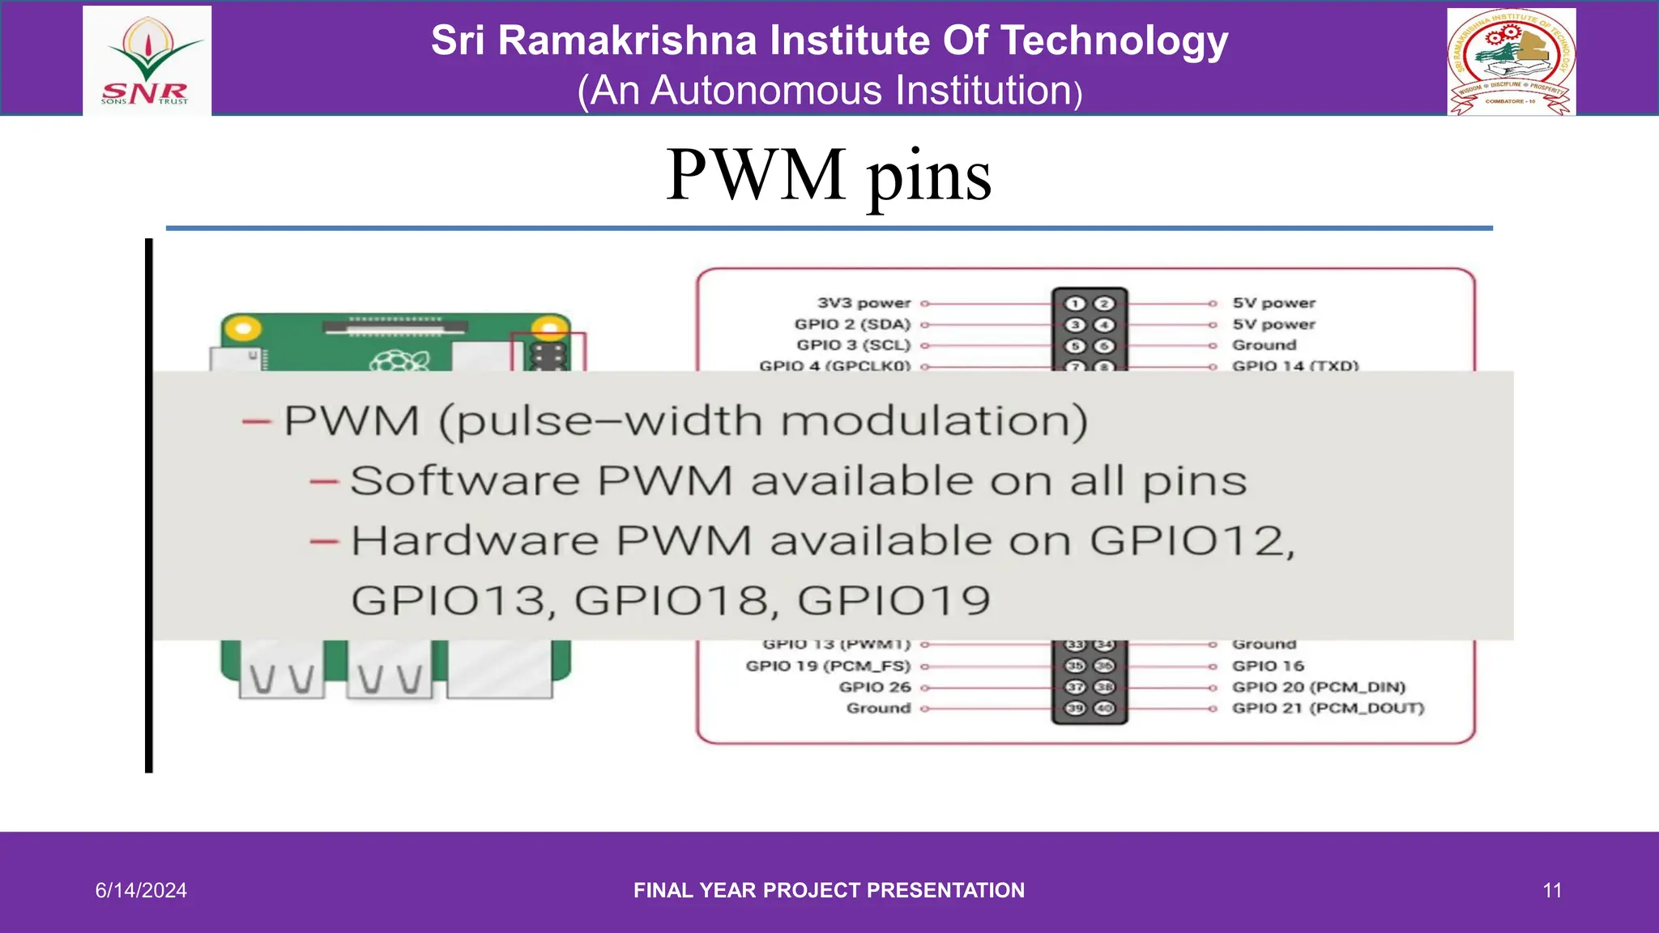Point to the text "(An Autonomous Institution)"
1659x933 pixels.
coord(829,91)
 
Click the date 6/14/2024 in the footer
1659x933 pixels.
coord(141,890)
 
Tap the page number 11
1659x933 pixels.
coord(1552,890)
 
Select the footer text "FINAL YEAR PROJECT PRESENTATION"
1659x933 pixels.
coord(829,890)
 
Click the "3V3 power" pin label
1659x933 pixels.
coord(864,303)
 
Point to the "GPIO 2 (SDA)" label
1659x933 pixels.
coord(852,324)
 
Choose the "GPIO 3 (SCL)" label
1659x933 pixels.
coord(854,345)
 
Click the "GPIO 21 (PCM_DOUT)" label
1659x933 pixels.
coord(1328,708)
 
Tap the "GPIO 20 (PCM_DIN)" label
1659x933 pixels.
coord(1318,687)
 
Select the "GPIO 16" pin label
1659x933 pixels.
coord(1268,666)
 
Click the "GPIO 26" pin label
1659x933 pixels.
coord(875,687)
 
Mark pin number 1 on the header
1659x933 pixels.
coord(1075,304)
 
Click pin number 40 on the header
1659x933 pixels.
coord(1104,708)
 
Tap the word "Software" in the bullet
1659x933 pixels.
coord(464,481)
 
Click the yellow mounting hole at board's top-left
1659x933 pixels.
coord(242,328)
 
